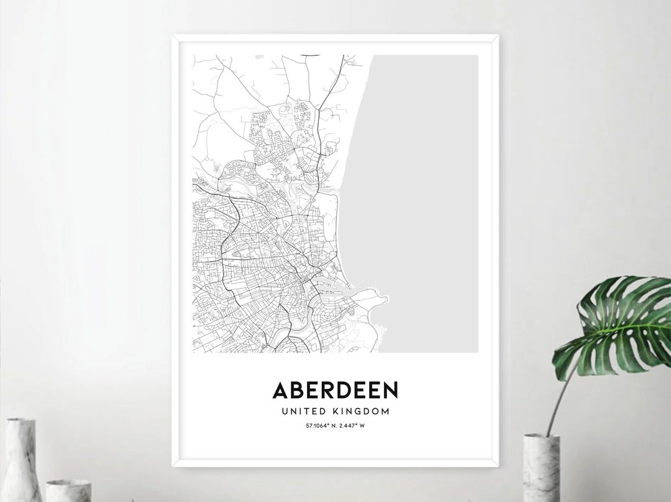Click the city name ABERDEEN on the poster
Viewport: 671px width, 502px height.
click(x=335, y=390)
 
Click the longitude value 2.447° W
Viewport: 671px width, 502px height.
click(x=351, y=425)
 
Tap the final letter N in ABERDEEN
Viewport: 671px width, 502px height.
click(x=390, y=390)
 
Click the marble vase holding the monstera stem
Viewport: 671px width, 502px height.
click(x=541, y=468)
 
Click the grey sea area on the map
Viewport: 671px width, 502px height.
click(x=429, y=186)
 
